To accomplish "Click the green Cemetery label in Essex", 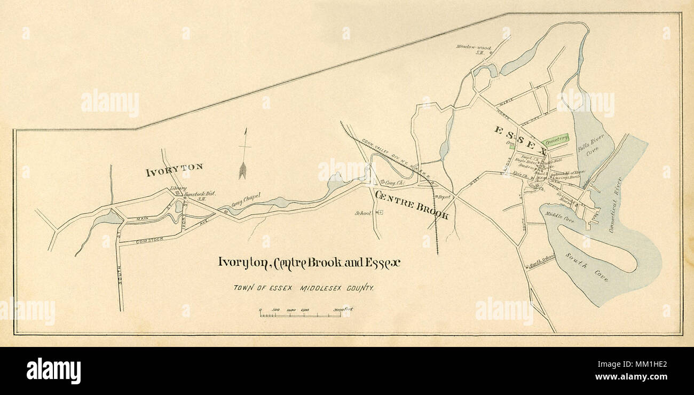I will click(555, 139).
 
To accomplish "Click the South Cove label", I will click(586, 266).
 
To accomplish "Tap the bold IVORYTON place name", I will click(174, 167).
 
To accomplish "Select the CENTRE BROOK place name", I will click(412, 205).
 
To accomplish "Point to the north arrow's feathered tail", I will click(243, 170).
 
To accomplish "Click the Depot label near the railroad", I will click(444, 197).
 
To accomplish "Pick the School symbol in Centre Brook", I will click(380, 212).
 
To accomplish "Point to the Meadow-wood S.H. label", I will click(473, 50).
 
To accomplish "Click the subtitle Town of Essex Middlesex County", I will click(303, 288).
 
